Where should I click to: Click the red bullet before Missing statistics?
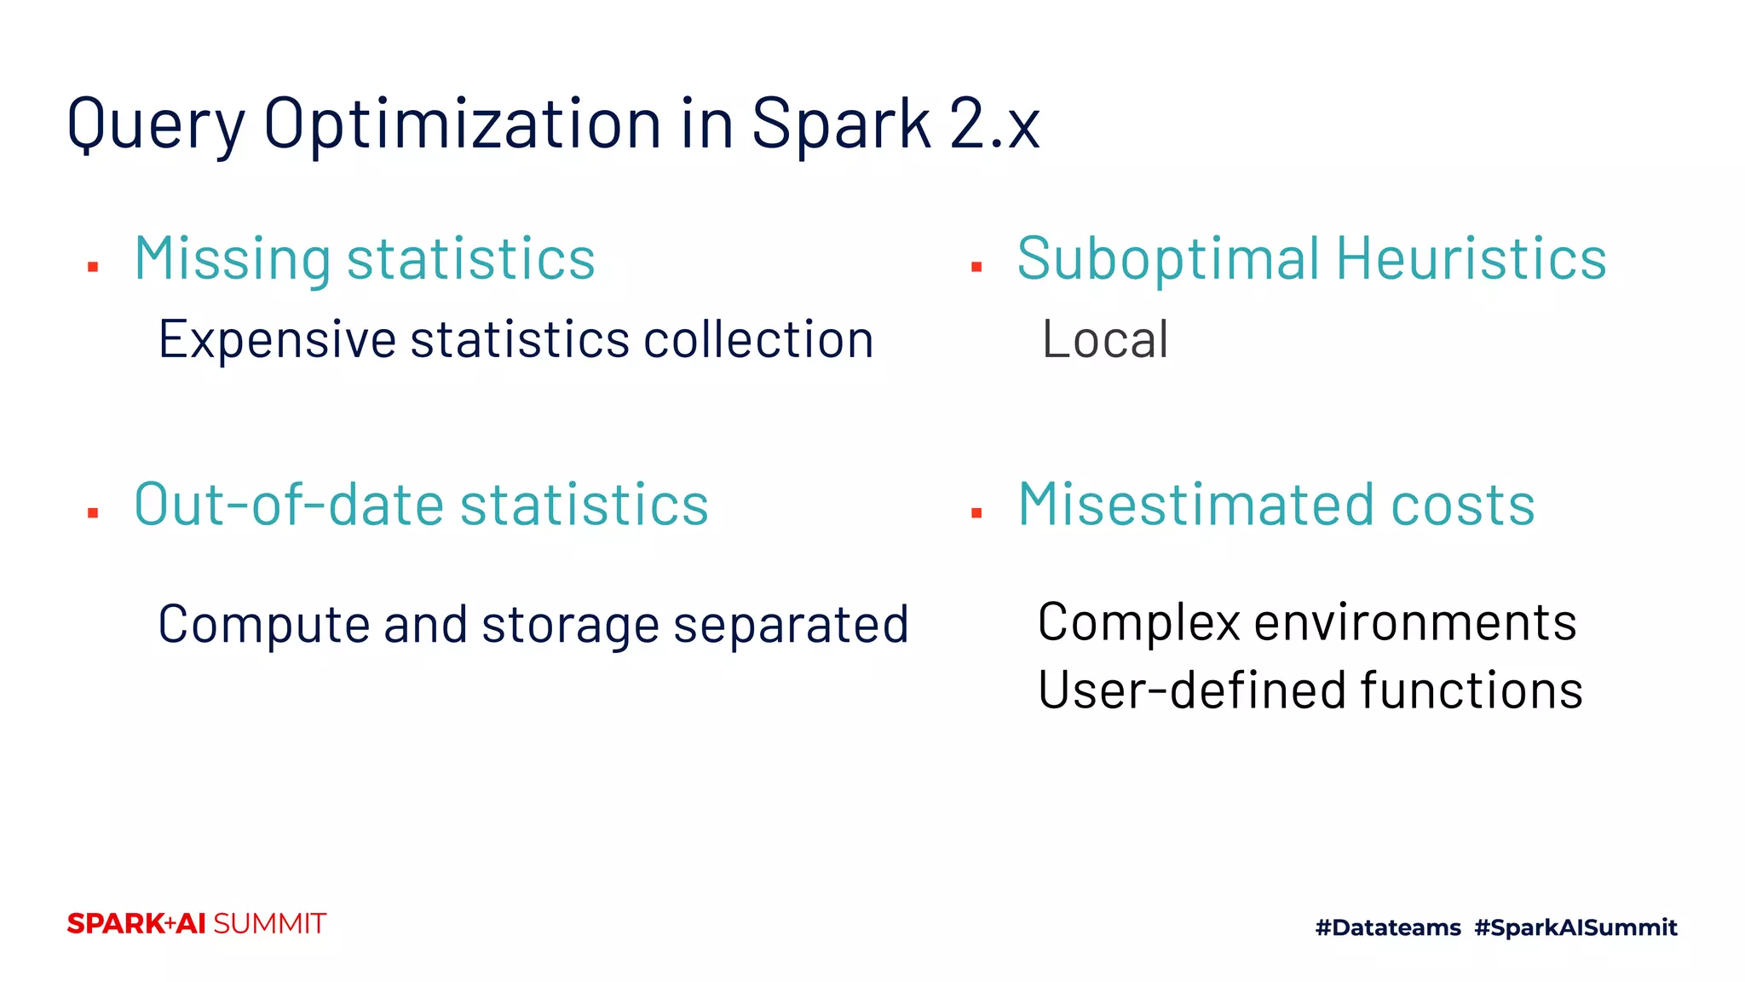(x=93, y=268)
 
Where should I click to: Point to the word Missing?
(x=232, y=259)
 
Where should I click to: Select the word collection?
(x=758, y=340)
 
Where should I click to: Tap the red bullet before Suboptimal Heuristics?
(x=976, y=268)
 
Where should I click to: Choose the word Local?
(x=1105, y=340)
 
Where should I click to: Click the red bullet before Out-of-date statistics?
(x=93, y=513)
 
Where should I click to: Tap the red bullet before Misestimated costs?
(x=976, y=513)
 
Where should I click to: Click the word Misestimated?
(x=1196, y=505)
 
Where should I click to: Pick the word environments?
(x=1415, y=622)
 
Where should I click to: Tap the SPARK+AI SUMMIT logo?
(x=197, y=924)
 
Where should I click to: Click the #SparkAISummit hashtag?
(x=1575, y=927)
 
